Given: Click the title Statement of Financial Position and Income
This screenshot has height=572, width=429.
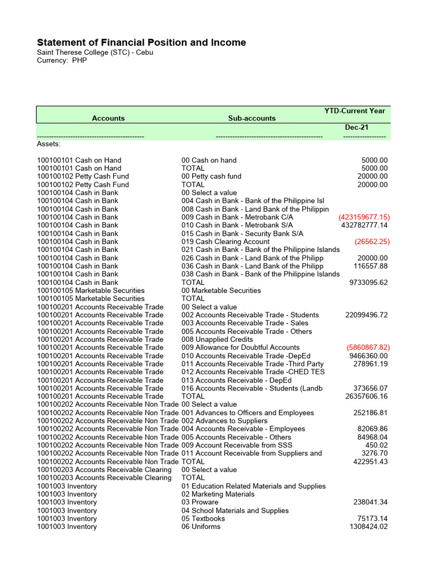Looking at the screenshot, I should [141, 43].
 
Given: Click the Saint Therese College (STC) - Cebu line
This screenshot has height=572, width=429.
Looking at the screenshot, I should [95, 53].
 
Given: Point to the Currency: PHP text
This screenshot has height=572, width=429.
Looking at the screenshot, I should [62, 60].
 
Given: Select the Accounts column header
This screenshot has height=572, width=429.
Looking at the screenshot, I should [108, 118].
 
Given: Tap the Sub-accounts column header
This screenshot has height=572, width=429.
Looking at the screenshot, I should [252, 118].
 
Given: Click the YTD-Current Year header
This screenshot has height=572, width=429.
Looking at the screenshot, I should [355, 111].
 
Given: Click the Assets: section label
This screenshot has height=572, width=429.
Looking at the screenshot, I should [49, 144].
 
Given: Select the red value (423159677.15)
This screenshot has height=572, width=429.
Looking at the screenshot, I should [364, 217].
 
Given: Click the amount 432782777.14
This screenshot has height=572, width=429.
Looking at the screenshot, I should [364, 225].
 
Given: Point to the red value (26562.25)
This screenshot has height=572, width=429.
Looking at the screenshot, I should [372, 241].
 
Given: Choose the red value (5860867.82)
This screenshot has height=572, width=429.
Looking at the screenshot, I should [368, 347].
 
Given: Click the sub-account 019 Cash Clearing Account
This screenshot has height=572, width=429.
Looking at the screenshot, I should [226, 241].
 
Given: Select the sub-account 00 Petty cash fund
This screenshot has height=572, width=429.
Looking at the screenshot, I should [212, 177].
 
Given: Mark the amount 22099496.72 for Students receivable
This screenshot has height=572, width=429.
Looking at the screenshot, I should [366, 315].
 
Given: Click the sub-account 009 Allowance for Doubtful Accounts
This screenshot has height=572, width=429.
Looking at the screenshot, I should [241, 347].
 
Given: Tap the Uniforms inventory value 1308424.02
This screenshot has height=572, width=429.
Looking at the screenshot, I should [368, 527].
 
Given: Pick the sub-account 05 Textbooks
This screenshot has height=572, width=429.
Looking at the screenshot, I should [203, 518].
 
